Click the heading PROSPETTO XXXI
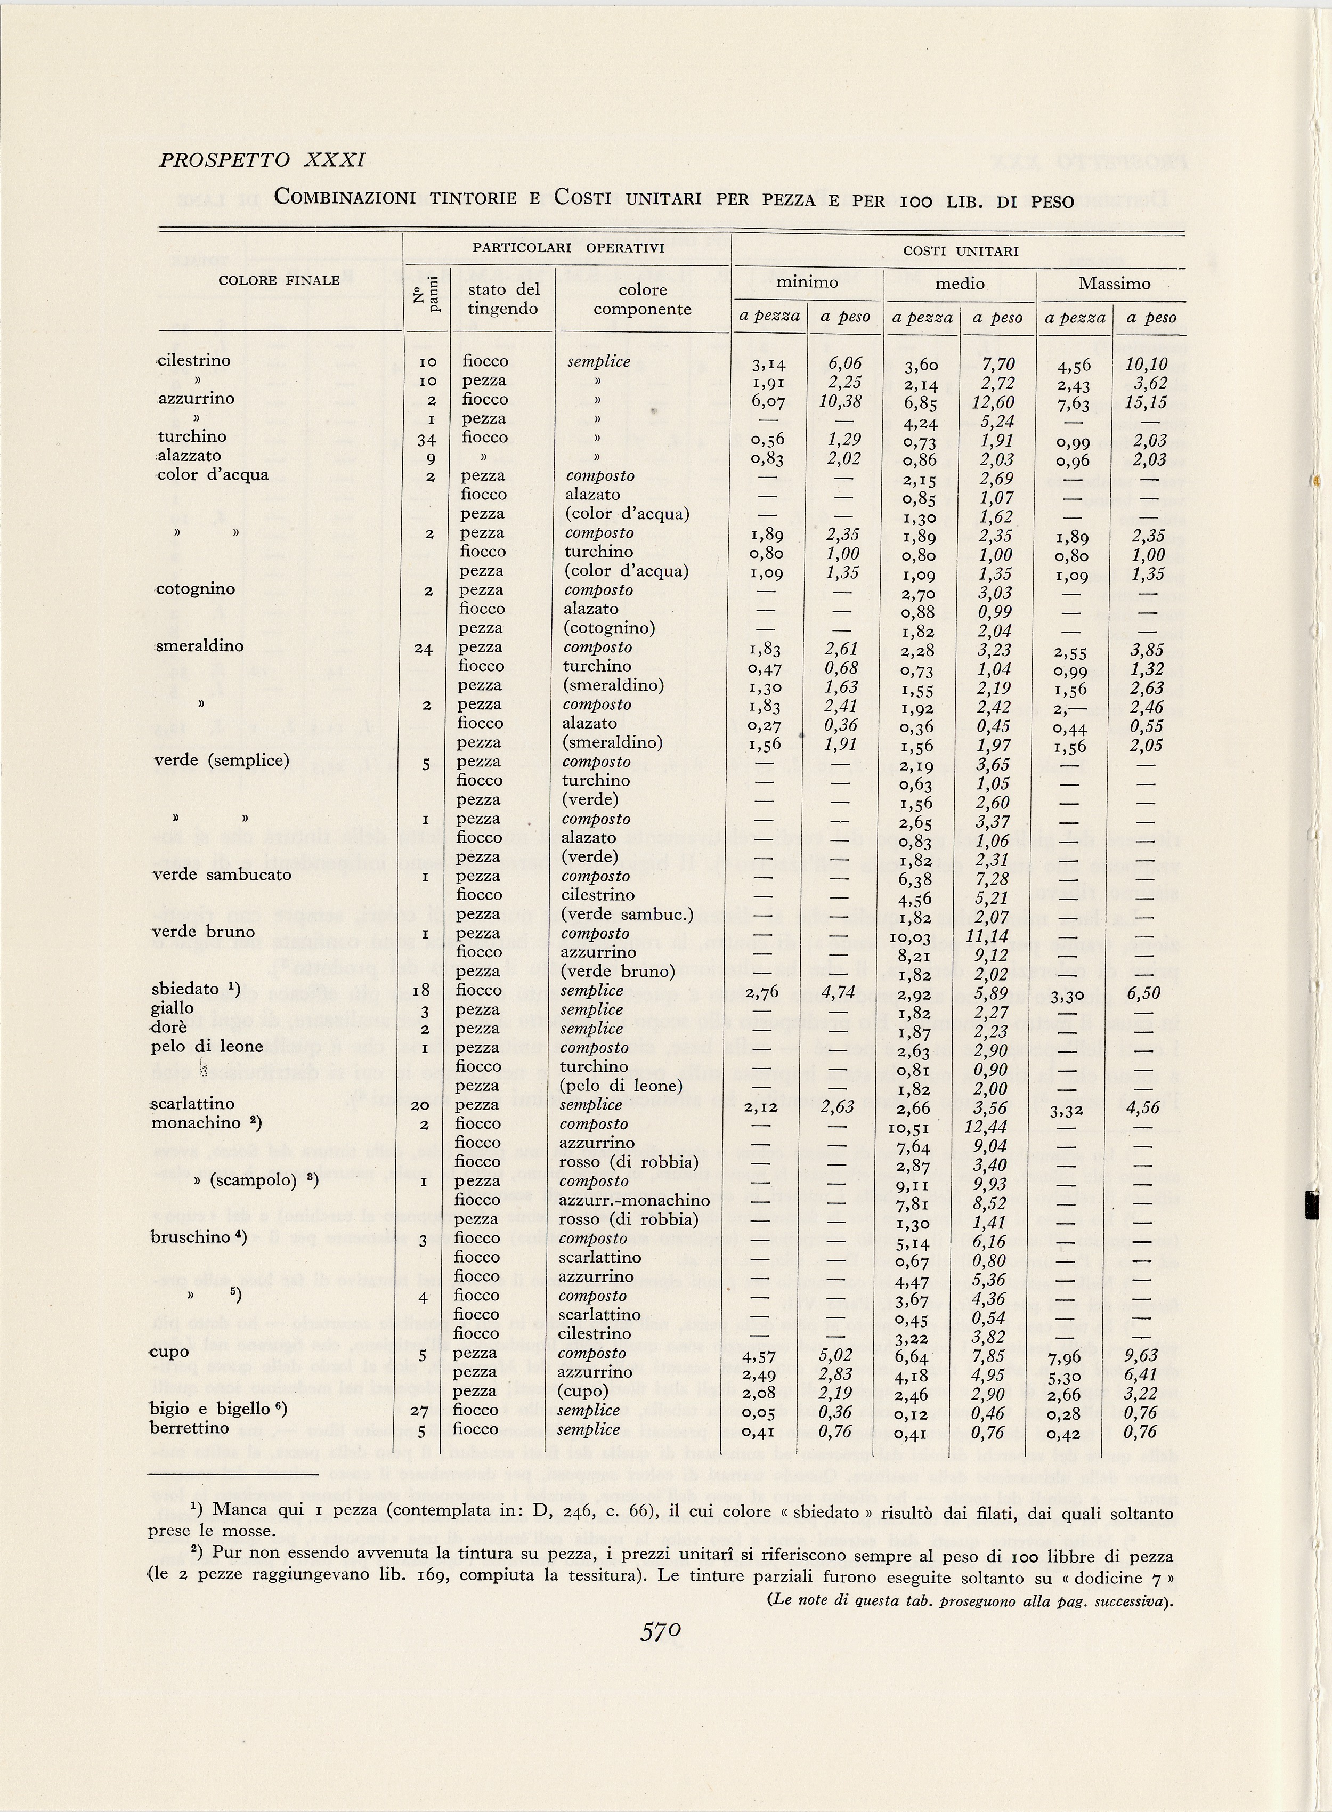[262, 160]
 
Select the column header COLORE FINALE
[279, 281]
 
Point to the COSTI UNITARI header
[960, 251]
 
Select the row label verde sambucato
[222, 875]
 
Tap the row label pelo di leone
[207, 1047]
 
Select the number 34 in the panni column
[427, 439]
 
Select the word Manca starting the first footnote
[237, 1512]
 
